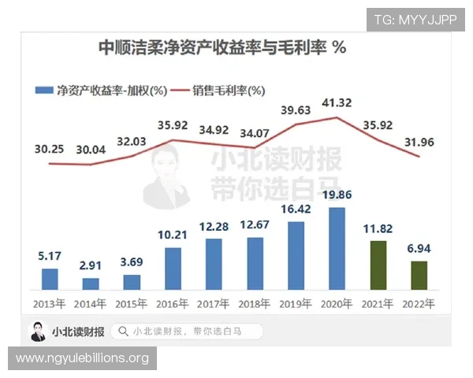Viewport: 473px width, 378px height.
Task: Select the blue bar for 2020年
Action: coord(337,249)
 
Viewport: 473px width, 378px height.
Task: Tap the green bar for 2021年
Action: coord(378,265)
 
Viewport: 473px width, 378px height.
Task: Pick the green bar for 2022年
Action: coord(419,276)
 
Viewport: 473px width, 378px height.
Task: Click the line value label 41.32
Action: coord(337,103)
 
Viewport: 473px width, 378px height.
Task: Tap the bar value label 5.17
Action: coord(50,256)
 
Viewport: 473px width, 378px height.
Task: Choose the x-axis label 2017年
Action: coord(214,303)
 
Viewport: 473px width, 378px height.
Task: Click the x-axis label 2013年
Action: coord(50,303)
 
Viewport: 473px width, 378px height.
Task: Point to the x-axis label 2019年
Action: coord(296,303)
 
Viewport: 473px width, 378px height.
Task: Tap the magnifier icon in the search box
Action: coord(123,332)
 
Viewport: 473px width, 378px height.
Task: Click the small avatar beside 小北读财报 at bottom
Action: coord(37,332)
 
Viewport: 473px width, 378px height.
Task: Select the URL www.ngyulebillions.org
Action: coord(82,359)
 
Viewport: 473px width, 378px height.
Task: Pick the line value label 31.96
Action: coord(419,142)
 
